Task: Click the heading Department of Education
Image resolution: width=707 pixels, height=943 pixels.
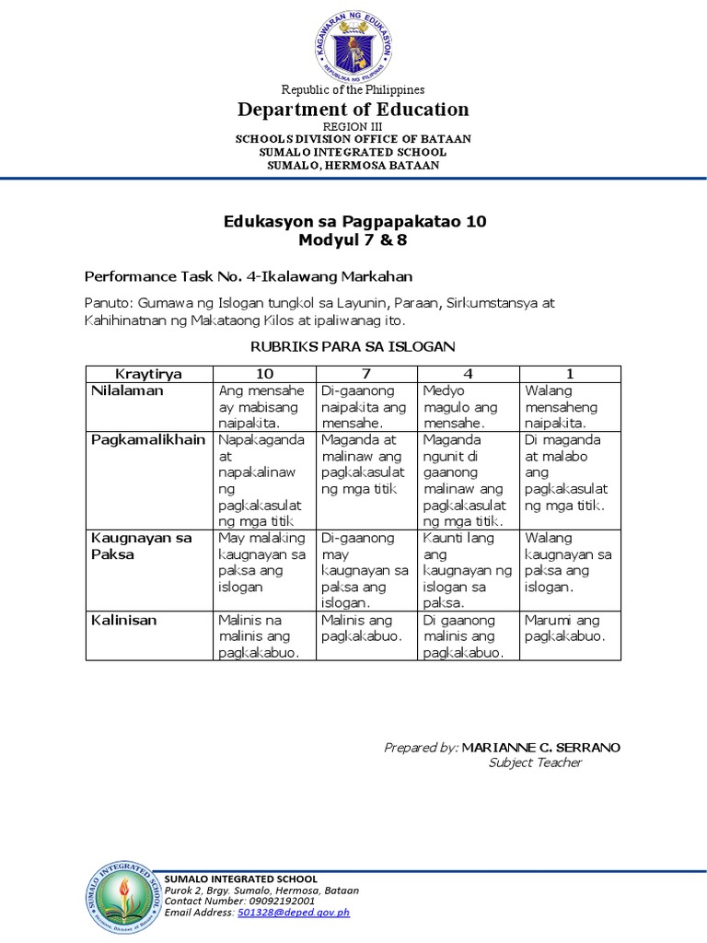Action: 353,110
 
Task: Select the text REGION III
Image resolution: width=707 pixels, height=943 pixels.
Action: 353,126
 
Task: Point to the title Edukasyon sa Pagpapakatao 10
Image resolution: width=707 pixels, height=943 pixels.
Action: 354,222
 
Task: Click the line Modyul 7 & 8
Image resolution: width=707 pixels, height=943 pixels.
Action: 353,240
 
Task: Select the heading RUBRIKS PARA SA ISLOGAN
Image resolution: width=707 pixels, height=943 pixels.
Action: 353,345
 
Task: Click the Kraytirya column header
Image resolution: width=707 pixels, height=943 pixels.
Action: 149,374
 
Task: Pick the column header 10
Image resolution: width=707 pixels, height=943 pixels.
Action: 265,374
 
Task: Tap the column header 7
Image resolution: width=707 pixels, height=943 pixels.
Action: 366,374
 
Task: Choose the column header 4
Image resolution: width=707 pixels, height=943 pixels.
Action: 469,374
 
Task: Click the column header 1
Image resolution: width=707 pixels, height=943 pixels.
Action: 570,374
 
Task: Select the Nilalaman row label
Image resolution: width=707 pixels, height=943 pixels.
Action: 127,391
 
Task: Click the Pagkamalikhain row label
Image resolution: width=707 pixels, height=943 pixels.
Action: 148,440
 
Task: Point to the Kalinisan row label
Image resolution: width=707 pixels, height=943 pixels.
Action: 123,621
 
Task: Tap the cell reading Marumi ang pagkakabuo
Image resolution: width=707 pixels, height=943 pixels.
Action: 564,628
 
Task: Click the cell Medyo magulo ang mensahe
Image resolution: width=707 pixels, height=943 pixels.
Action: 460,407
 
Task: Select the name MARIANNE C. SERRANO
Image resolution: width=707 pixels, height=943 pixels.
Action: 540,747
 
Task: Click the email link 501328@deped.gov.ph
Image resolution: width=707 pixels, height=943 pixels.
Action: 294,913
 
